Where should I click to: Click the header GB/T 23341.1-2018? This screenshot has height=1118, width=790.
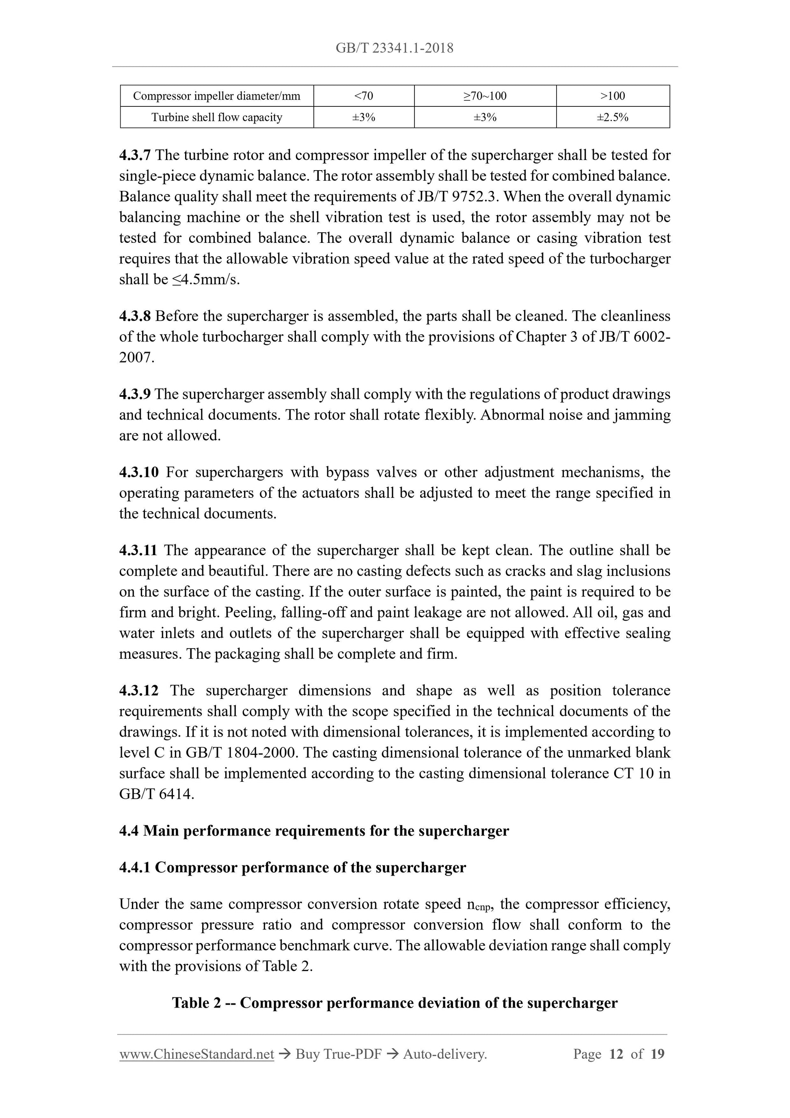tap(394, 48)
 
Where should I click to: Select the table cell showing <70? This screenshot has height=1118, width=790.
tap(364, 96)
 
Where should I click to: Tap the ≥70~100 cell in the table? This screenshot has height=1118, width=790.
tap(485, 96)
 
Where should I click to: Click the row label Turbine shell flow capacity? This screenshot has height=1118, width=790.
tap(217, 117)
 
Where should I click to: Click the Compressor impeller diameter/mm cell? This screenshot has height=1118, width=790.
tap(217, 96)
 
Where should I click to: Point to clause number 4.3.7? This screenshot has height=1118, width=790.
tap(135, 155)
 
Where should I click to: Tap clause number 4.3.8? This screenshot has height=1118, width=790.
tap(135, 316)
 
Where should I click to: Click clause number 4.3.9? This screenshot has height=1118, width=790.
tap(135, 394)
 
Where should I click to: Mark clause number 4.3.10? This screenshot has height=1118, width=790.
tap(139, 472)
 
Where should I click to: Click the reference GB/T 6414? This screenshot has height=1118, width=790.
tap(156, 794)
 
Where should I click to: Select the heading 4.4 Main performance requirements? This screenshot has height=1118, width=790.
tap(314, 831)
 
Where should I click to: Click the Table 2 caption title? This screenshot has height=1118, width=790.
tap(394, 1003)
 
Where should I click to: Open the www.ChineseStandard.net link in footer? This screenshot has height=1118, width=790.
tap(196, 1055)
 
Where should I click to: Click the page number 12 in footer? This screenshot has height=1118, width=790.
tap(616, 1055)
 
